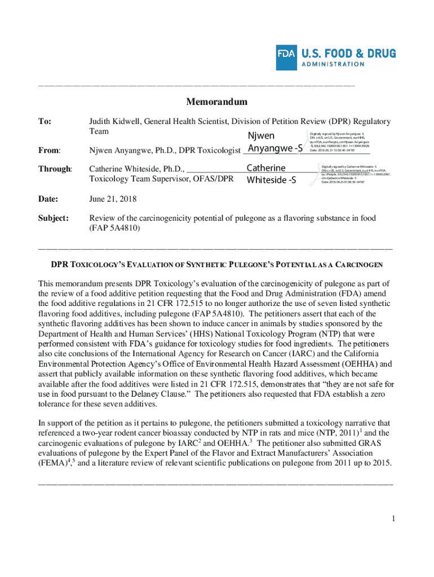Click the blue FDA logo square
pos(286,57)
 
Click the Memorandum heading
pos(217,102)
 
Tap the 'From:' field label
pos(49,150)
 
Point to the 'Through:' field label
pos(55,168)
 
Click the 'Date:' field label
pos(48,199)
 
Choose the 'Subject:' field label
pos(53,218)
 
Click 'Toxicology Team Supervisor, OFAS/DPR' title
pos(161,179)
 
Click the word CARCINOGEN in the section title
pos(358,264)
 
